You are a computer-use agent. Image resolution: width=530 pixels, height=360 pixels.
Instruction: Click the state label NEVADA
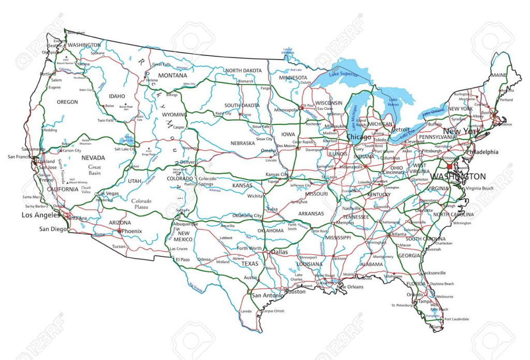(x=93, y=158)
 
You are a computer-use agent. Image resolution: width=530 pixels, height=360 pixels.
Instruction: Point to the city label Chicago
(x=359, y=137)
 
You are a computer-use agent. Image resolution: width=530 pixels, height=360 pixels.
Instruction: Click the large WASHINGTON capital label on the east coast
(x=458, y=177)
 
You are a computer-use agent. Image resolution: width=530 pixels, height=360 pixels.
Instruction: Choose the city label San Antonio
(x=268, y=295)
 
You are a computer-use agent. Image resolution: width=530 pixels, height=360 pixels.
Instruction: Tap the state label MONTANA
(x=172, y=76)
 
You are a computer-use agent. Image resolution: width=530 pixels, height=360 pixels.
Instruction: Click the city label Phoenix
(x=131, y=231)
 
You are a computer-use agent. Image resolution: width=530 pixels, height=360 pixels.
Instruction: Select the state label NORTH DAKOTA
(x=243, y=70)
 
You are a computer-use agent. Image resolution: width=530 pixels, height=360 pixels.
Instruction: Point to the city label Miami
(x=435, y=327)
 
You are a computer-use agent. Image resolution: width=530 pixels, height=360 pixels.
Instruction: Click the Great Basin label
(x=94, y=170)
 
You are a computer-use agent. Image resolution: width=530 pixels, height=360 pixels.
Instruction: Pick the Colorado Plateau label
(x=140, y=204)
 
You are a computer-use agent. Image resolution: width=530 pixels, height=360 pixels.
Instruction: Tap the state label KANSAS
(x=242, y=185)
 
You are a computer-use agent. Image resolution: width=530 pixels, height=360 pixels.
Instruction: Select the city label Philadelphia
(x=482, y=152)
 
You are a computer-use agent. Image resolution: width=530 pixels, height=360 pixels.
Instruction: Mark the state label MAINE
(x=499, y=75)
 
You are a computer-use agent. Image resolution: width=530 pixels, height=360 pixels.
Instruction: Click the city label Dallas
(x=279, y=252)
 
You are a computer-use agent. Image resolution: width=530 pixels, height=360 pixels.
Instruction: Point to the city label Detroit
(x=400, y=129)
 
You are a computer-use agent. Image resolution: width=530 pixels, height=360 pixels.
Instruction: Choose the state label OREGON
(x=67, y=102)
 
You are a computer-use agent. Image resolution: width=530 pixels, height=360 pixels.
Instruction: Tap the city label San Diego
(x=53, y=229)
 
